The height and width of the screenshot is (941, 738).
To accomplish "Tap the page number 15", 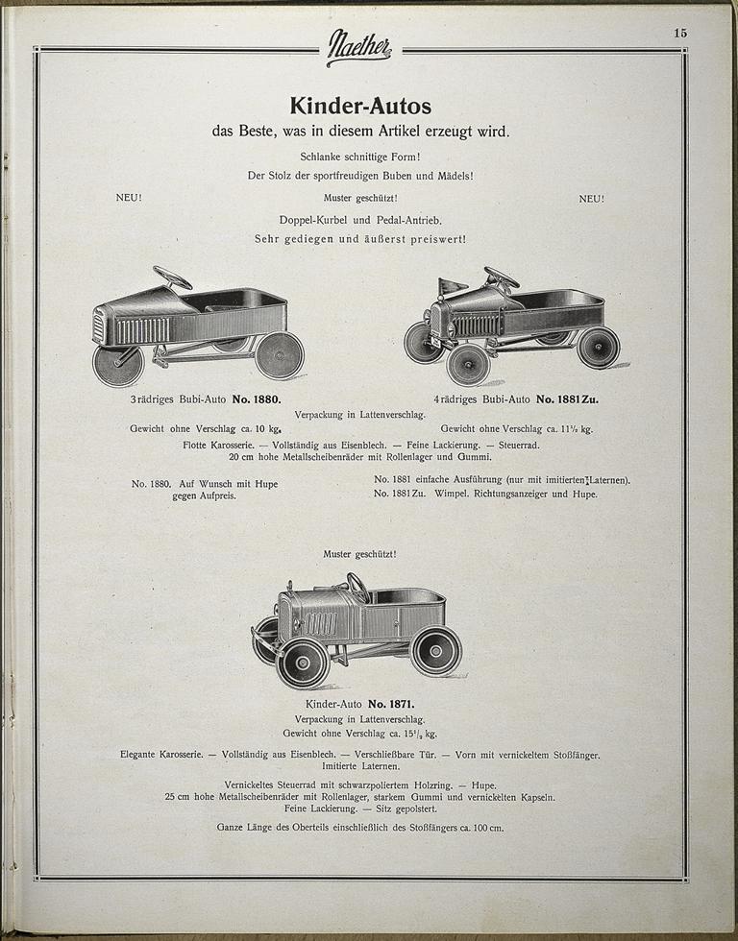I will (679, 33).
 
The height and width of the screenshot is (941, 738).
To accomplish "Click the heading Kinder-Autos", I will (360, 105).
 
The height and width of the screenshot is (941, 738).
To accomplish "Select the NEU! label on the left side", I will (129, 198).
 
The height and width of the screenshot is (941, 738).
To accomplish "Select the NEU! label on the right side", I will (591, 198).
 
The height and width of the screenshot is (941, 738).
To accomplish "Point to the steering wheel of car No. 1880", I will (173, 277).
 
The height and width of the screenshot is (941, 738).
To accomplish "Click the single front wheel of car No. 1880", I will (117, 365).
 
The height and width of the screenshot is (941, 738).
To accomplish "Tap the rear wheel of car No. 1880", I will (279, 354).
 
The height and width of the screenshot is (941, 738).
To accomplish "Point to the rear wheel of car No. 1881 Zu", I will (598, 347).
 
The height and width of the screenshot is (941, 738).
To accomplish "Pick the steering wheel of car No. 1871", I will (357, 585).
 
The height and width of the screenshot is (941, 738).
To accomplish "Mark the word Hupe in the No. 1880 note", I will (261, 484).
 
